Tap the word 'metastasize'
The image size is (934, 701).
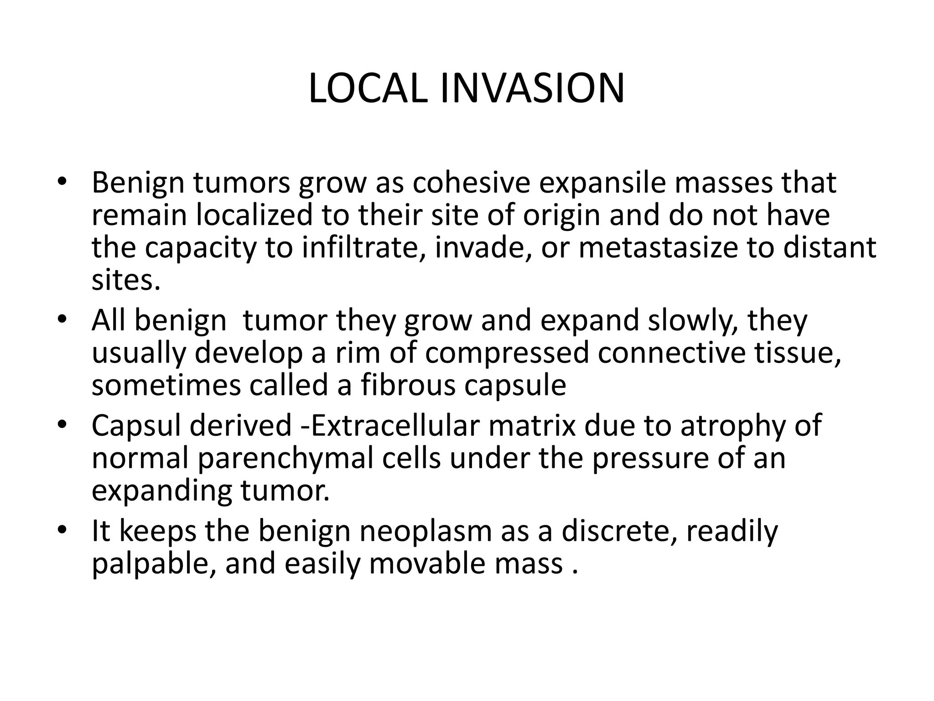click(x=657, y=248)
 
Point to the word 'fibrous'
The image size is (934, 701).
click(x=408, y=386)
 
